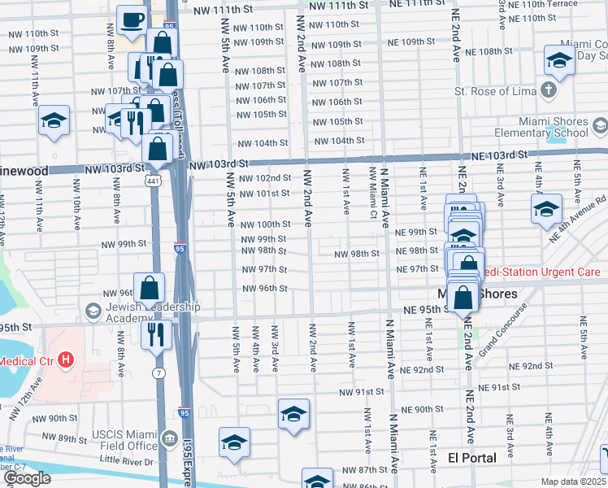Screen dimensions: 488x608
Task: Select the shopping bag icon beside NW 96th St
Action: click(x=150, y=287)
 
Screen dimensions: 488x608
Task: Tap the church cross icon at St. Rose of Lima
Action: click(x=549, y=89)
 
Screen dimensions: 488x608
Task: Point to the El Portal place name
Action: click(x=472, y=458)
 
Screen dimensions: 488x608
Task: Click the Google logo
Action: click(x=27, y=478)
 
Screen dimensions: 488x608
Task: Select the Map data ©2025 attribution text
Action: click(x=574, y=481)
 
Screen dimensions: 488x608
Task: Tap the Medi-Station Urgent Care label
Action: click(x=540, y=272)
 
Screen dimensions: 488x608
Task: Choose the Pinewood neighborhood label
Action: click(x=24, y=171)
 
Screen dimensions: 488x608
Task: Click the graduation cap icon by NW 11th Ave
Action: click(x=54, y=121)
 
